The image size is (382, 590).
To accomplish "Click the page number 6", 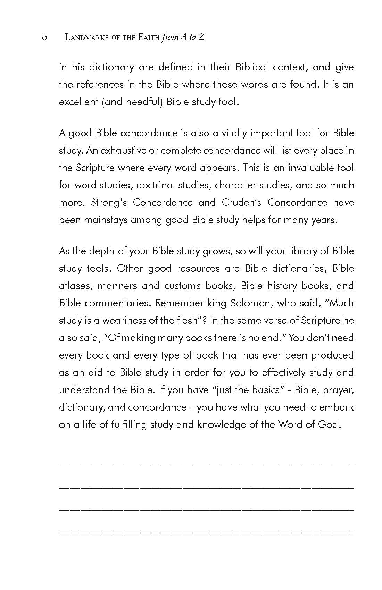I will coord(44,37).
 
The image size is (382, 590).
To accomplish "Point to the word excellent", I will coord(78,102).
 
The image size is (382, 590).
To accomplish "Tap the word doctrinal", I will coord(155,185).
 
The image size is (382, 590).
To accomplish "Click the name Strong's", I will coord(108,202).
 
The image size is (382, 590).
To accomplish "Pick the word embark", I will coord(339,407).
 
